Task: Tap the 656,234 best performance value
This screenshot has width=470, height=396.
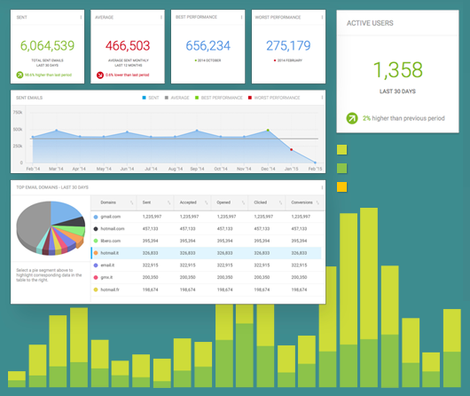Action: (208, 46)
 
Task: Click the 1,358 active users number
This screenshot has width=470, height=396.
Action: (397, 72)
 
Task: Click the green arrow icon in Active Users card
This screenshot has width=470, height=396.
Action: (353, 117)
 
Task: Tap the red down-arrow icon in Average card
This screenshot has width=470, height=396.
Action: (99, 75)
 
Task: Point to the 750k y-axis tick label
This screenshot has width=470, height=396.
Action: (18, 113)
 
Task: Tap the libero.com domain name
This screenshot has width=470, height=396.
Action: (111, 241)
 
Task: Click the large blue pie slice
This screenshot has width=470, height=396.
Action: (67, 213)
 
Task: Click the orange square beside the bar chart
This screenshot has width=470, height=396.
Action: (341, 186)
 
